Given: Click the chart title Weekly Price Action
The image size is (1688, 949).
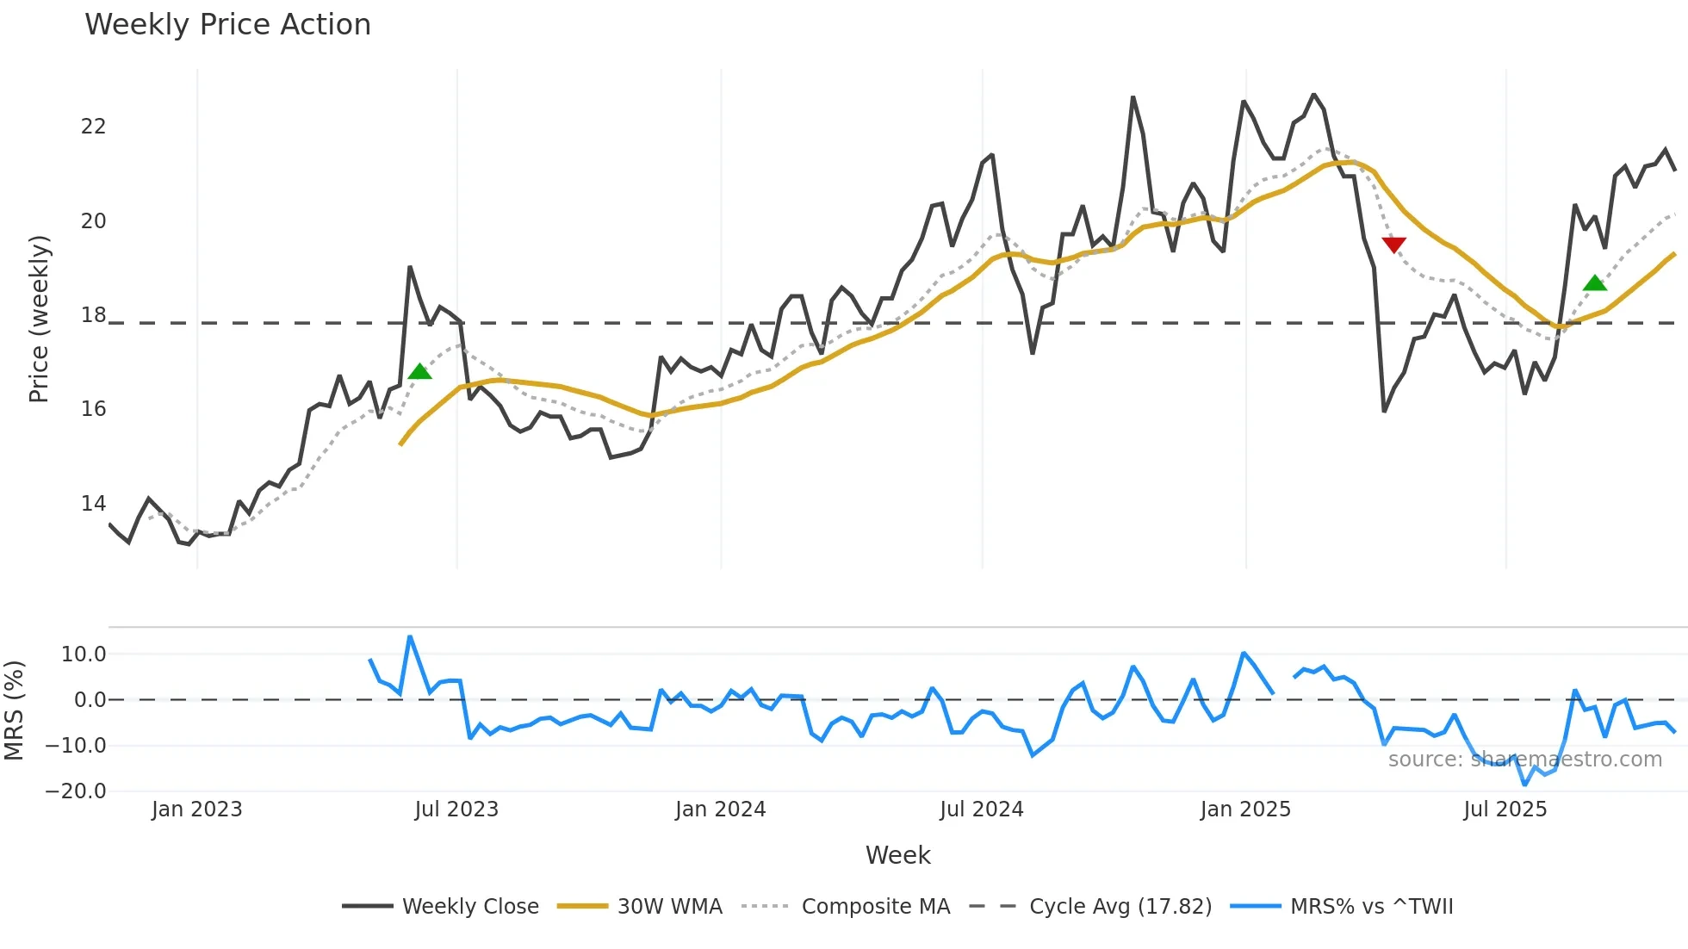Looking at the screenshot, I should pyautogui.click(x=227, y=25).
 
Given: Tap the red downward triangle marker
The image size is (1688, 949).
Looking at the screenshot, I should pyautogui.click(x=1393, y=245).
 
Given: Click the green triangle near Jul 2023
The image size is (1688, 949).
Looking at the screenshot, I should pyautogui.click(x=419, y=372).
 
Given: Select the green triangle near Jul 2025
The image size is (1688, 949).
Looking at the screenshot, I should pyautogui.click(x=1595, y=283).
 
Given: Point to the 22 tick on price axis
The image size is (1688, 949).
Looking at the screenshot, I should pyautogui.click(x=93, y=127).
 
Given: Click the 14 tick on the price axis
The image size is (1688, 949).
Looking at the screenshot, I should pyautogui.click(x=93, y=503).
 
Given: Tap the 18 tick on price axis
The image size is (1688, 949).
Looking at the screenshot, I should pyautogui.click(x=93, y=315).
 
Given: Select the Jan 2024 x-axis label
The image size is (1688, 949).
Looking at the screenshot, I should pyautogui.click(x=720, y=809).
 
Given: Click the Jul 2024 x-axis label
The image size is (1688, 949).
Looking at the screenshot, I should pyautogui.click(x=981, y=809).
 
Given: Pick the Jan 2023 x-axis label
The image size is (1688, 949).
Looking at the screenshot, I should pyautogui.click(x=196, y=809).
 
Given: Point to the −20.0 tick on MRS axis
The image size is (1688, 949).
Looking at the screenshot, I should pyautogui.click(x=76, y=791).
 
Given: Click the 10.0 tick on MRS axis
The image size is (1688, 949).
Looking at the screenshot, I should pyautogui.click(x=83, y=654).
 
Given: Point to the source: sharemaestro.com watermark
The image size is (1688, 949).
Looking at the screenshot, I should pyautogui.click(x=1524, y=760).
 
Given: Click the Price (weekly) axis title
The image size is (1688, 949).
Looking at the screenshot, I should pyautogui.click(x=39, y=319).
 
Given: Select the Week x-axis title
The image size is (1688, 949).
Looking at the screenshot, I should pyautogui.click(x=897, y=855).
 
